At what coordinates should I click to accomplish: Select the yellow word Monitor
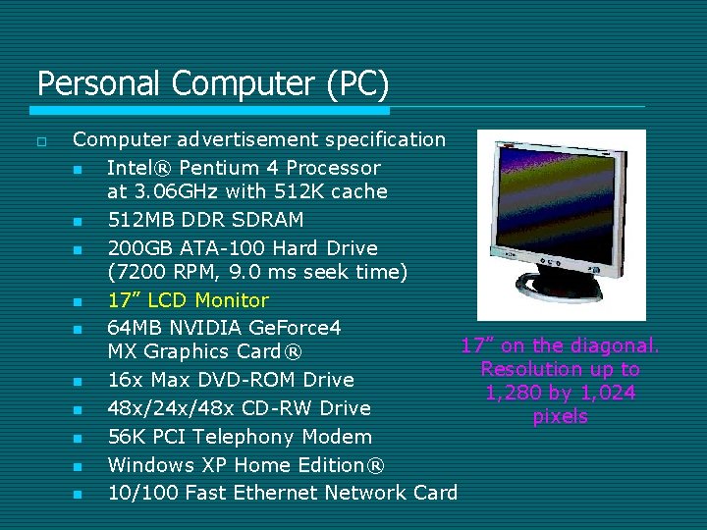tap(232, 300)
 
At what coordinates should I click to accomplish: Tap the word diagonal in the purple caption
tap(619, 345)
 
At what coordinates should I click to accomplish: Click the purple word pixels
tap(561, 417)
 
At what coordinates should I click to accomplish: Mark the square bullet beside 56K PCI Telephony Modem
tap(78, 438)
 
